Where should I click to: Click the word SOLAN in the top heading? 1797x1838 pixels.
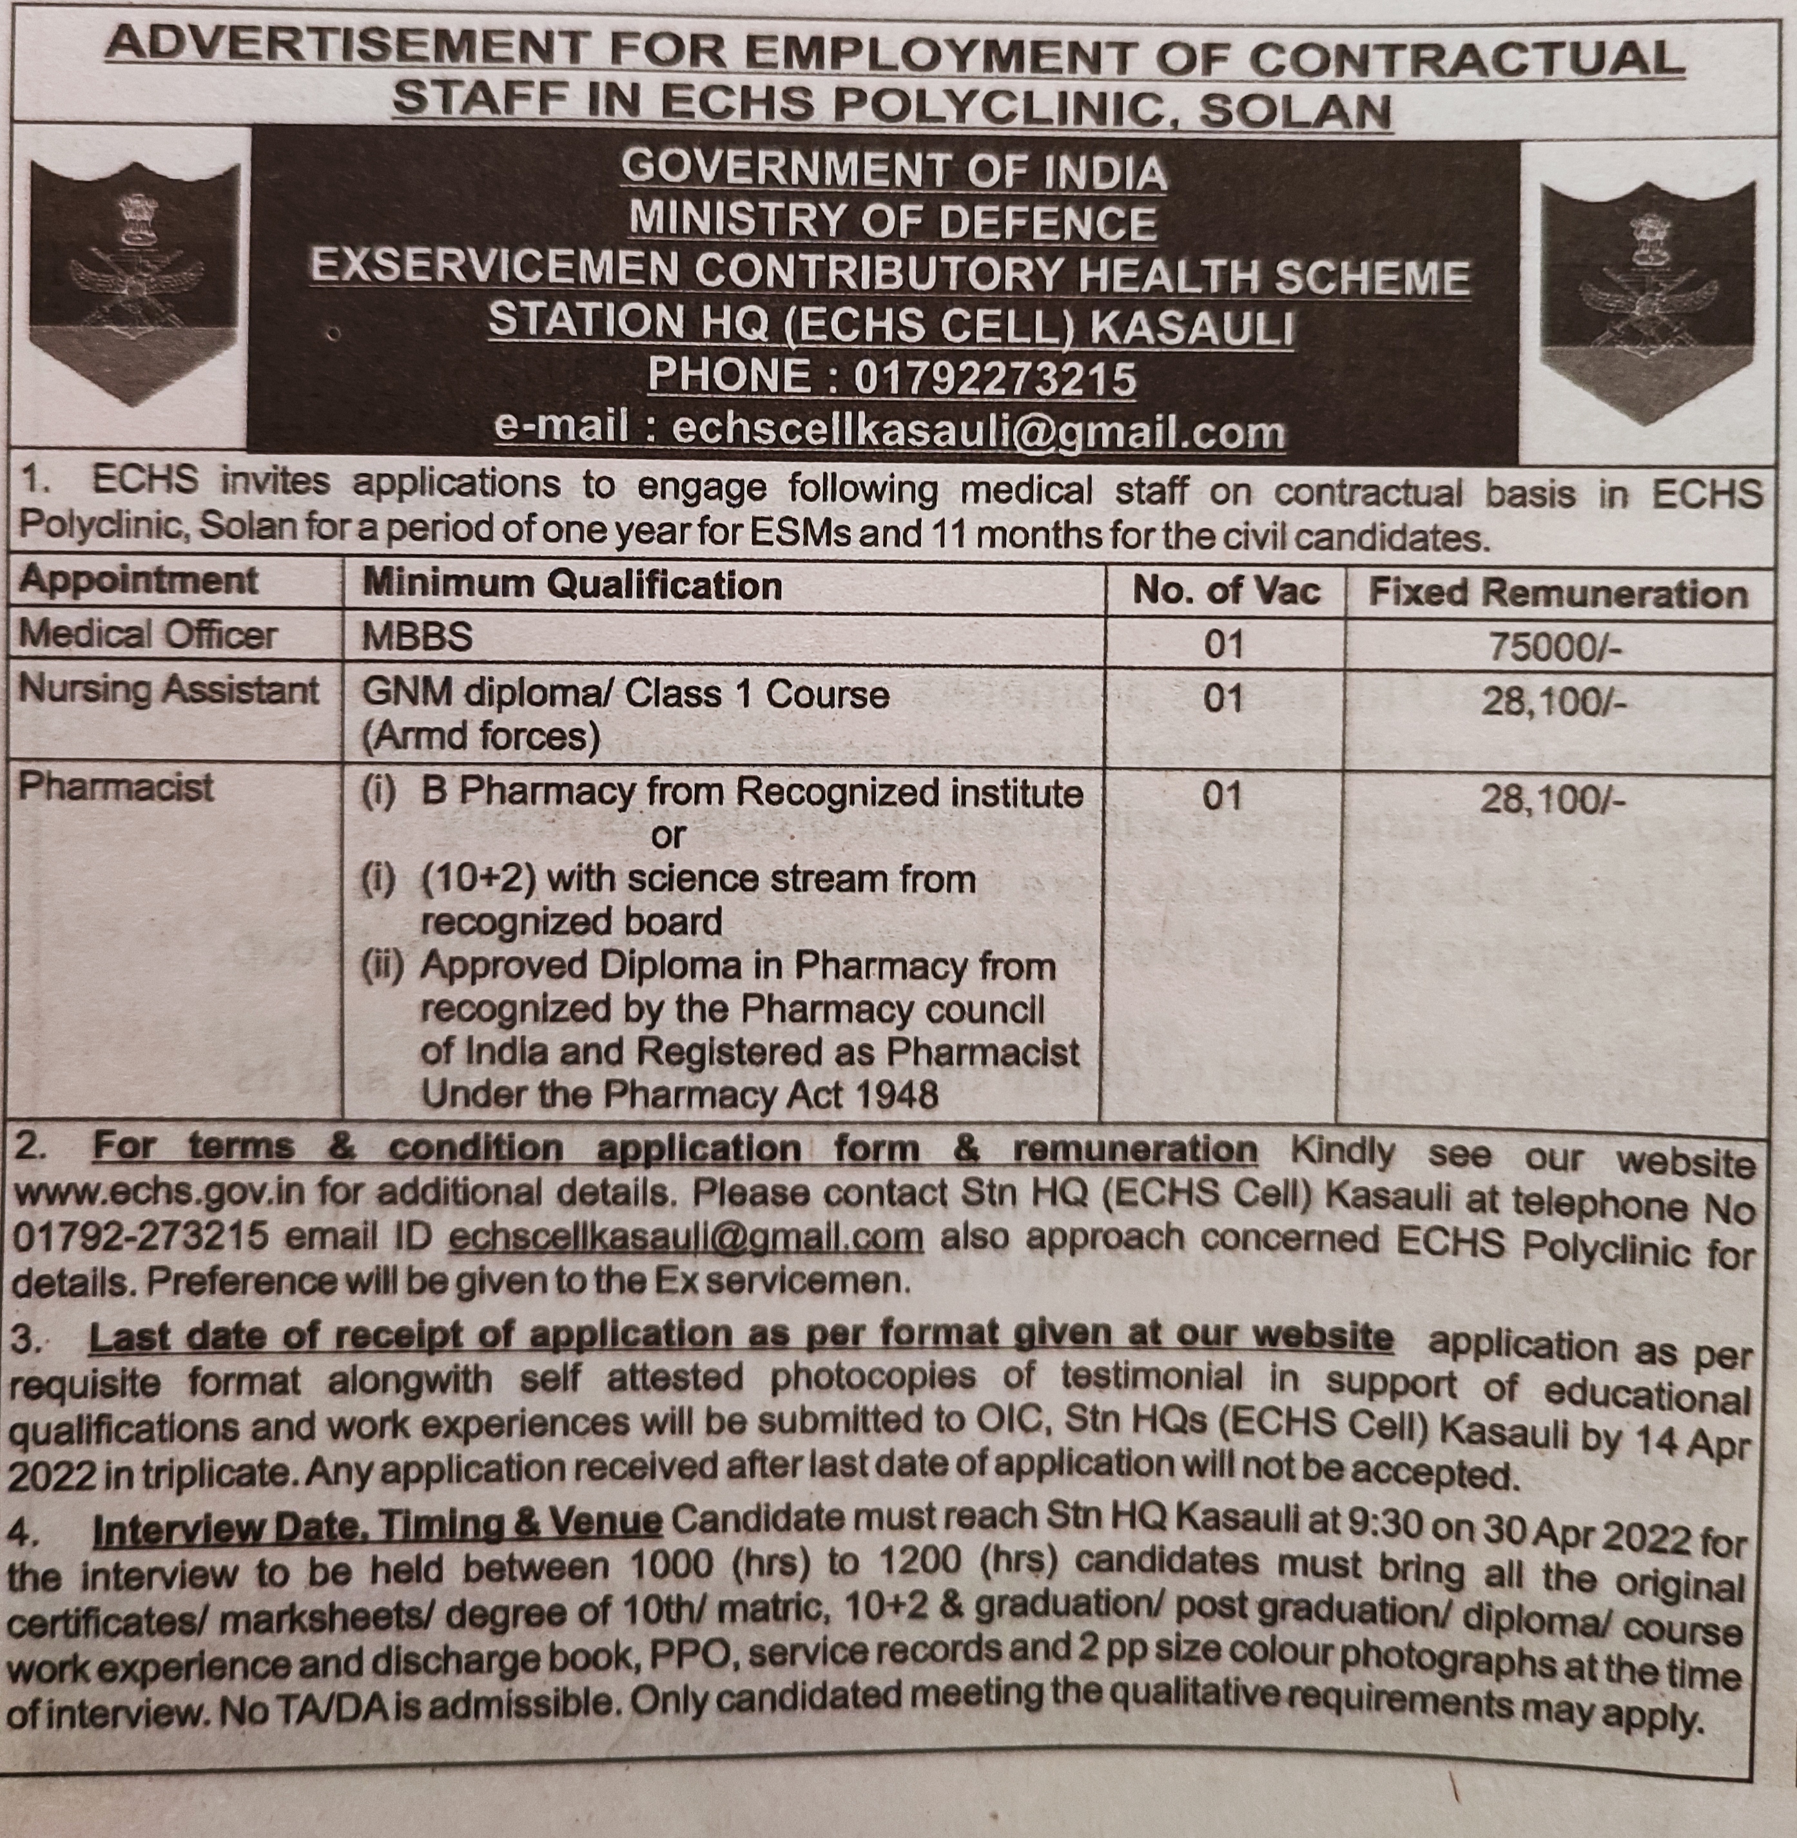[x=1295, y=110]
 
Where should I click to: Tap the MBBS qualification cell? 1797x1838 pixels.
[x=417, y=638]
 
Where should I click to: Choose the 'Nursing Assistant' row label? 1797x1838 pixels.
[x=168, y=690]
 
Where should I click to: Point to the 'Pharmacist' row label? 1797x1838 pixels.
[x=115, y=787]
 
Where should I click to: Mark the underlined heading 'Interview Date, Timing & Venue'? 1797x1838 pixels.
[x=378, y=1526]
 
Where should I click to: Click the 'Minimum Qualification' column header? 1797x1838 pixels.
[x=572, y=585]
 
